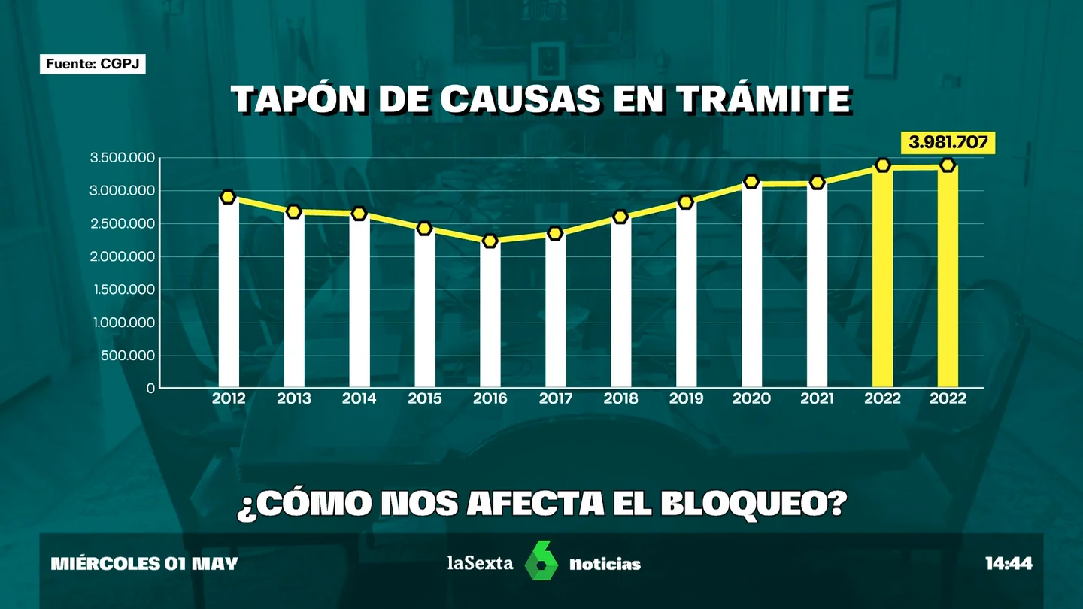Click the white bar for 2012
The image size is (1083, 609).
point(229,293)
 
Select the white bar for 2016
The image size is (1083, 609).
point(490,315)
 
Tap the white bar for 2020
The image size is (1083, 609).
point(752,286)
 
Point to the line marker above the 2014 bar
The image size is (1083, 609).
point(359,214)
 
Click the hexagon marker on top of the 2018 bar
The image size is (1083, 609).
point(620,217)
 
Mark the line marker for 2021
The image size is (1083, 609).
point(817,183)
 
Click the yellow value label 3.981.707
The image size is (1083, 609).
point(948,143)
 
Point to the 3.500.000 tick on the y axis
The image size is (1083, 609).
point(123,158)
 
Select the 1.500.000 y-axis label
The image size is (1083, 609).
point(124,289)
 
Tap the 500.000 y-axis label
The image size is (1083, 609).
point(128,356)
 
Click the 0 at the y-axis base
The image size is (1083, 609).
point(151,389)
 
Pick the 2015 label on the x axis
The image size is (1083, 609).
point(424,398)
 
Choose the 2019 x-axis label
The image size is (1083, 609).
point(686,398)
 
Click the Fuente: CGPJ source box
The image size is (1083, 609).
point(93,64)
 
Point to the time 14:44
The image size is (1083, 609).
point(1009,564)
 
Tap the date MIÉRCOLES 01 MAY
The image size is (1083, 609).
point(144,564)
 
